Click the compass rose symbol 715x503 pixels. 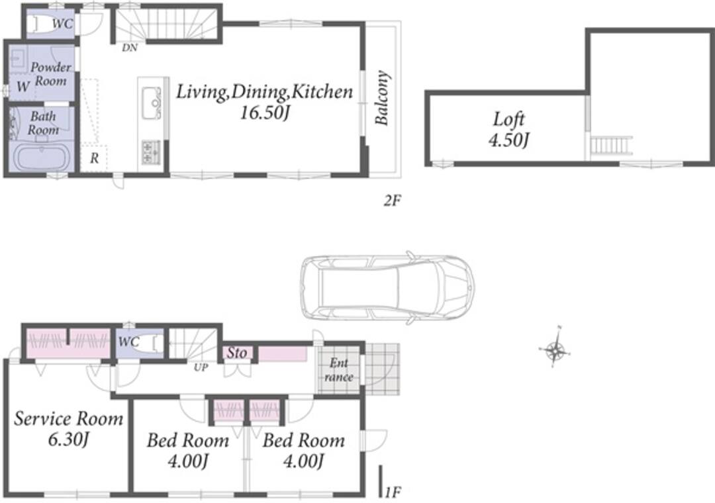[x=555, y=351]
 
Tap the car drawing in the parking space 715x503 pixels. [x=387, y=288]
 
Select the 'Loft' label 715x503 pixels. [x=508, y=120]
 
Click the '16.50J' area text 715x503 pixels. [x=265, y=113]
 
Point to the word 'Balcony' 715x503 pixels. [x=382, y=97]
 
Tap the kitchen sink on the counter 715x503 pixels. [x=151, y=103]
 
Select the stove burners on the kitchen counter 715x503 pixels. [x=150, y=152]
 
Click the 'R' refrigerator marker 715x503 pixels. [x=94, y=158]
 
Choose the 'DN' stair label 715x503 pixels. [x=130, y=48]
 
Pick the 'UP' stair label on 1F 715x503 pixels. [x=201, y=367]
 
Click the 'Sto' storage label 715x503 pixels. [x=237, y=353]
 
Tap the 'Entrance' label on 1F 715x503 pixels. [x=339, y=370]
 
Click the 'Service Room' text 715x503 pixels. [x=68, y=419]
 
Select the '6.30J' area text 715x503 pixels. [x=68, y=439]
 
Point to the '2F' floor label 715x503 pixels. [x=392, y=200]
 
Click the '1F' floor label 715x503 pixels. [x=393, y=492]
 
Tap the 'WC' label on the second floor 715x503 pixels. [x=62, y=23]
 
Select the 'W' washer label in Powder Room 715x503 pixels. [x=23, y=87]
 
